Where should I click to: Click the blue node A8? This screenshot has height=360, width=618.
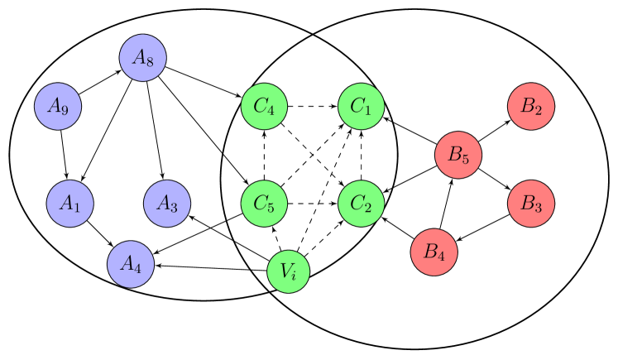(142, 58)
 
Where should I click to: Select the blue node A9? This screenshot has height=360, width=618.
(58, 106)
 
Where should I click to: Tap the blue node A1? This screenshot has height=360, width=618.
(69, 204)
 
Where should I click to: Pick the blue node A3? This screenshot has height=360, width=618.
(167, 204)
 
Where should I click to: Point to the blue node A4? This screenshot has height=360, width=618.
(131, 265)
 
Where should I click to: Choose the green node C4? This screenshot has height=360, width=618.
(264, 106)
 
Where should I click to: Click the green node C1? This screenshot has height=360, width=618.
(362, 106)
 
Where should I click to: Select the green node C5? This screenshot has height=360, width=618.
(264, 204)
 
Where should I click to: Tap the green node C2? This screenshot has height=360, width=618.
(362, 204)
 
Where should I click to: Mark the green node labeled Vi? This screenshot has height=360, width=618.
(289, 271)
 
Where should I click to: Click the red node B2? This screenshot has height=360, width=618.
(531, 106)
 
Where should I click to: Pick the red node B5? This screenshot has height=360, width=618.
(458, 155)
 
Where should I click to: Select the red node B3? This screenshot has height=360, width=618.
(531, 204)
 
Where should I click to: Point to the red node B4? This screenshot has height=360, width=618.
(434, 252)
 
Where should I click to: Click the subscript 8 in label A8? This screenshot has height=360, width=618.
(149, 61)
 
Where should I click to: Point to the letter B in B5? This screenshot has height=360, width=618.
(453, 154)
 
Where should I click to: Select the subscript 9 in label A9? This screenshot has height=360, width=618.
(64, 109)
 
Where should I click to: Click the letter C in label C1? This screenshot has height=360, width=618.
(357, 105)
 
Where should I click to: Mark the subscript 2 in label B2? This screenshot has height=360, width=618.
(538, 109)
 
